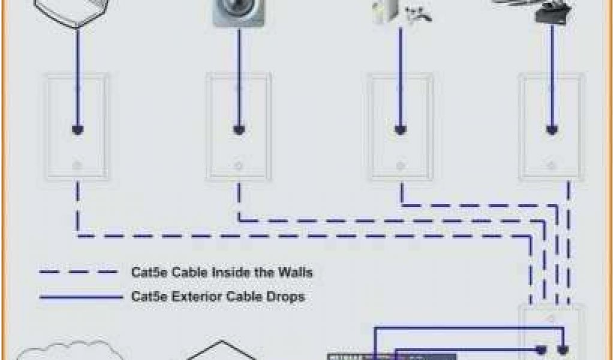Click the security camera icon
pyautogui.click(x=238, y=13)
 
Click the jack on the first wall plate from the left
pyautogui.click(x=77, y=129)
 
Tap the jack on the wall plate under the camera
pyautogui.click(x=239, y=129)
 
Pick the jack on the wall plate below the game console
pyautogui.click(x=401, y=129)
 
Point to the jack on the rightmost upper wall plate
pyautogui.click(x=551, y=129)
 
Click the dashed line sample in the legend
pyautogui.click(x=79, y=273)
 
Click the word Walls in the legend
pyautogui.click(x=294, y=273)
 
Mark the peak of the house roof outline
pyautogui.click(x=222, y=343)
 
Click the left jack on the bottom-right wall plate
pyautogui.click(x=541, y=349)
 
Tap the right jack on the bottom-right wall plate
pyautogui.click(x=563, y=349)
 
